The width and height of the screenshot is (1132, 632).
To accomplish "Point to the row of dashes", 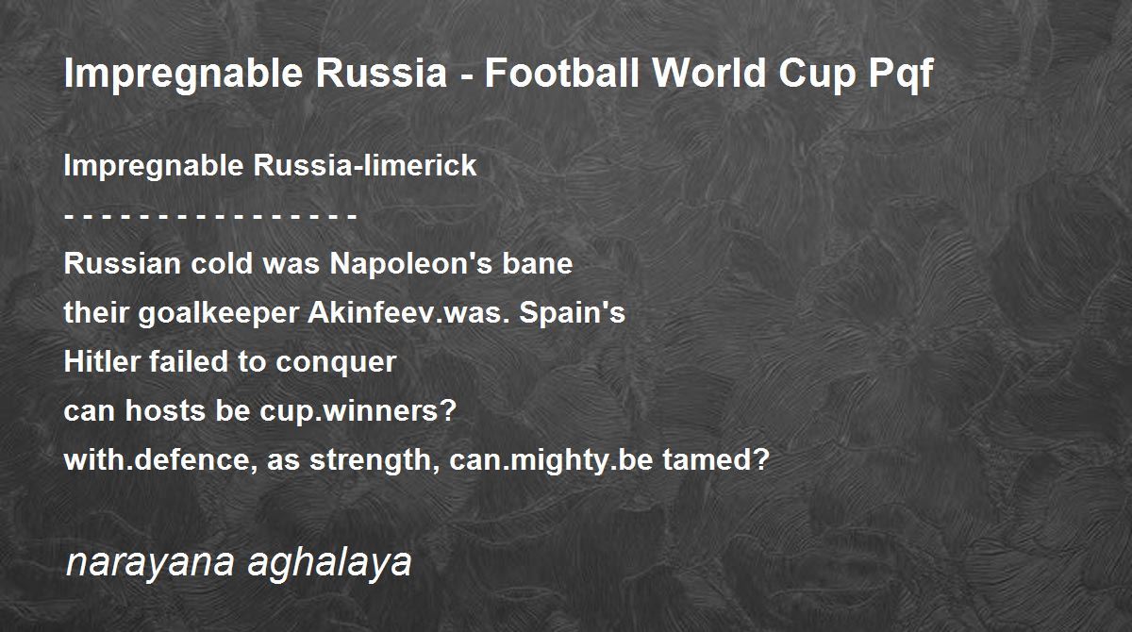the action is click(210, 216).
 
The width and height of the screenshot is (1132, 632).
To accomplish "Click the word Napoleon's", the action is click(411, 263).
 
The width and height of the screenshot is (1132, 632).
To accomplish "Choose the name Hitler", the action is click(101, 361).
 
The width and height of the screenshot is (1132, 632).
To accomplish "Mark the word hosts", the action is click(165, 410).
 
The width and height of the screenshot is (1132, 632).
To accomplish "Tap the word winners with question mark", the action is click(389, 410).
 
